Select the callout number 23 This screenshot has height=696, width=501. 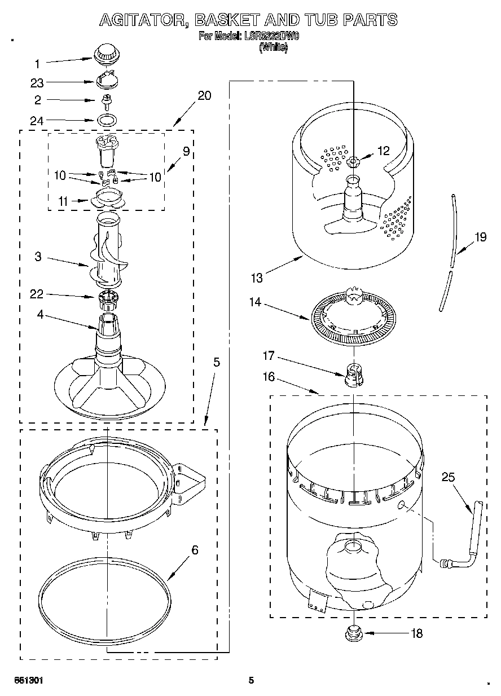37,83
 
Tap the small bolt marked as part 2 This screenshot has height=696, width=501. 105,101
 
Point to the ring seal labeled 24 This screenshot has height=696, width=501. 107,120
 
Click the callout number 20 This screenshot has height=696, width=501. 204,95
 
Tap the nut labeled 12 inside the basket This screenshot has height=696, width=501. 354,162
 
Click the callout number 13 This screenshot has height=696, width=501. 257,277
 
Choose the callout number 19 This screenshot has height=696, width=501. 480,237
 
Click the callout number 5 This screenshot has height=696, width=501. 216,362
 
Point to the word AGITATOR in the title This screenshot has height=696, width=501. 143,20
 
